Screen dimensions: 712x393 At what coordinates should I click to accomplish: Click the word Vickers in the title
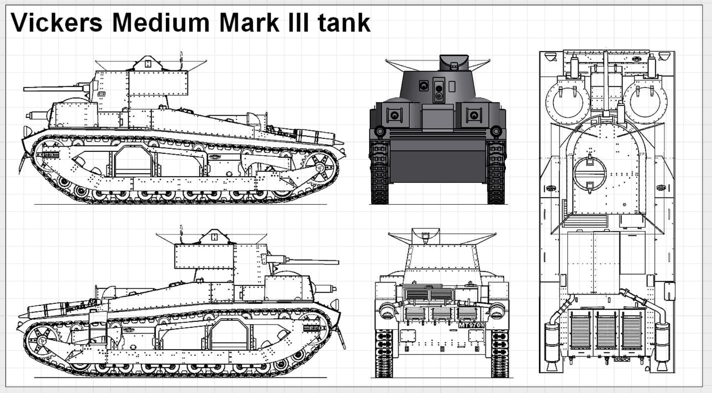pos(57,23)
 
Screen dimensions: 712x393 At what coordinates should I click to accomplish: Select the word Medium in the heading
pos(161,23)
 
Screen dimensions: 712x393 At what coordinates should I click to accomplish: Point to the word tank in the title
pos(344,23)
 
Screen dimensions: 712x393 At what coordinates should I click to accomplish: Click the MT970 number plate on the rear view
pos(472,325)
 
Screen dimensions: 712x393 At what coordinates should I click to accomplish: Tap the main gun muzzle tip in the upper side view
pos(24,89)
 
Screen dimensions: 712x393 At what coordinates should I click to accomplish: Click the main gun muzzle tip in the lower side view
pos(338,262)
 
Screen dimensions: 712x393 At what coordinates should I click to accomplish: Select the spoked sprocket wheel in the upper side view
pos(320,168)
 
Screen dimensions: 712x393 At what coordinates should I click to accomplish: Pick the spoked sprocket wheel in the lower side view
pos(42,341)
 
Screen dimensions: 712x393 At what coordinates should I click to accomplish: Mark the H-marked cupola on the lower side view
pos(214,236)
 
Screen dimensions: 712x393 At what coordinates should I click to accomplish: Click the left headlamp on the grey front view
pos(380,131)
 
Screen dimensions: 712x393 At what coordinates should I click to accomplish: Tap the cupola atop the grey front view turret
pos(454,63)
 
